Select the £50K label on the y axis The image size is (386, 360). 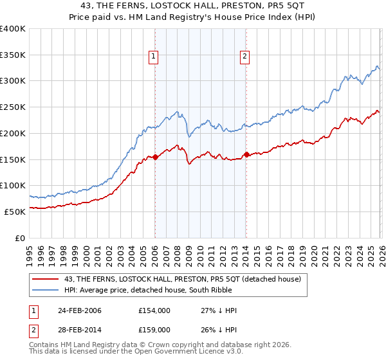[x=15, y=211]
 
